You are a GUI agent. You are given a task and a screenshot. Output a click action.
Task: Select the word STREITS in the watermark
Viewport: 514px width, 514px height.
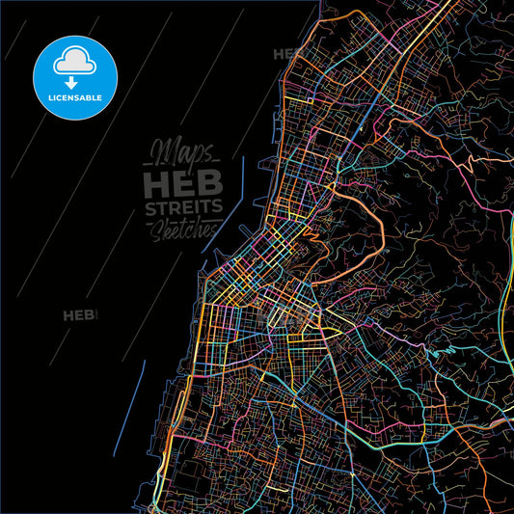183,209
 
